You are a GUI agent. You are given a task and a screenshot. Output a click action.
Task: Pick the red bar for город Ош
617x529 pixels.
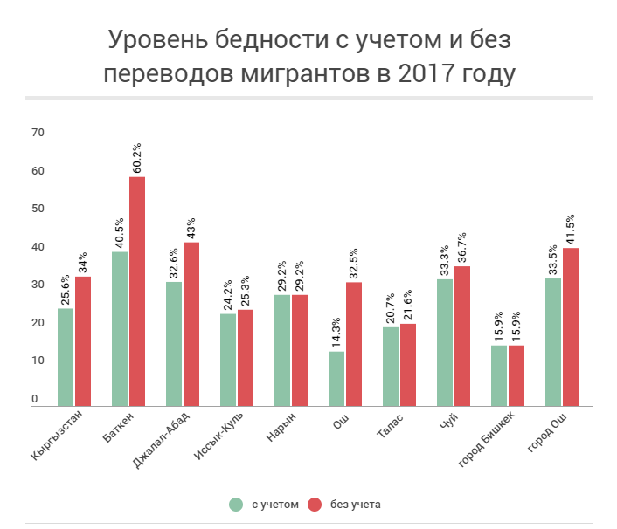571,326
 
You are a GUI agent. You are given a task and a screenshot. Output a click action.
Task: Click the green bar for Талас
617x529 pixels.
391,366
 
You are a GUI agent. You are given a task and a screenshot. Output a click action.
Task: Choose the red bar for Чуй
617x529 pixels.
462,335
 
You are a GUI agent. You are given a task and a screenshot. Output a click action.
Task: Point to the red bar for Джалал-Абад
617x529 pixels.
191,323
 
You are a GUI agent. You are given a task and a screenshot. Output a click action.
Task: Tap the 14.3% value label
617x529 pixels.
336,328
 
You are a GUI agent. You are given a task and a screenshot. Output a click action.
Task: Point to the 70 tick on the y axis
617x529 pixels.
38,132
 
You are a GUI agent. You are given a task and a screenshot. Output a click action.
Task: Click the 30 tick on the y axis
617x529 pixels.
38,285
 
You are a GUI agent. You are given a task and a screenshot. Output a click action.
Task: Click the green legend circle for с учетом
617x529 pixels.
236,504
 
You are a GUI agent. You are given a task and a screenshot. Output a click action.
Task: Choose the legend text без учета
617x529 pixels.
356,504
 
